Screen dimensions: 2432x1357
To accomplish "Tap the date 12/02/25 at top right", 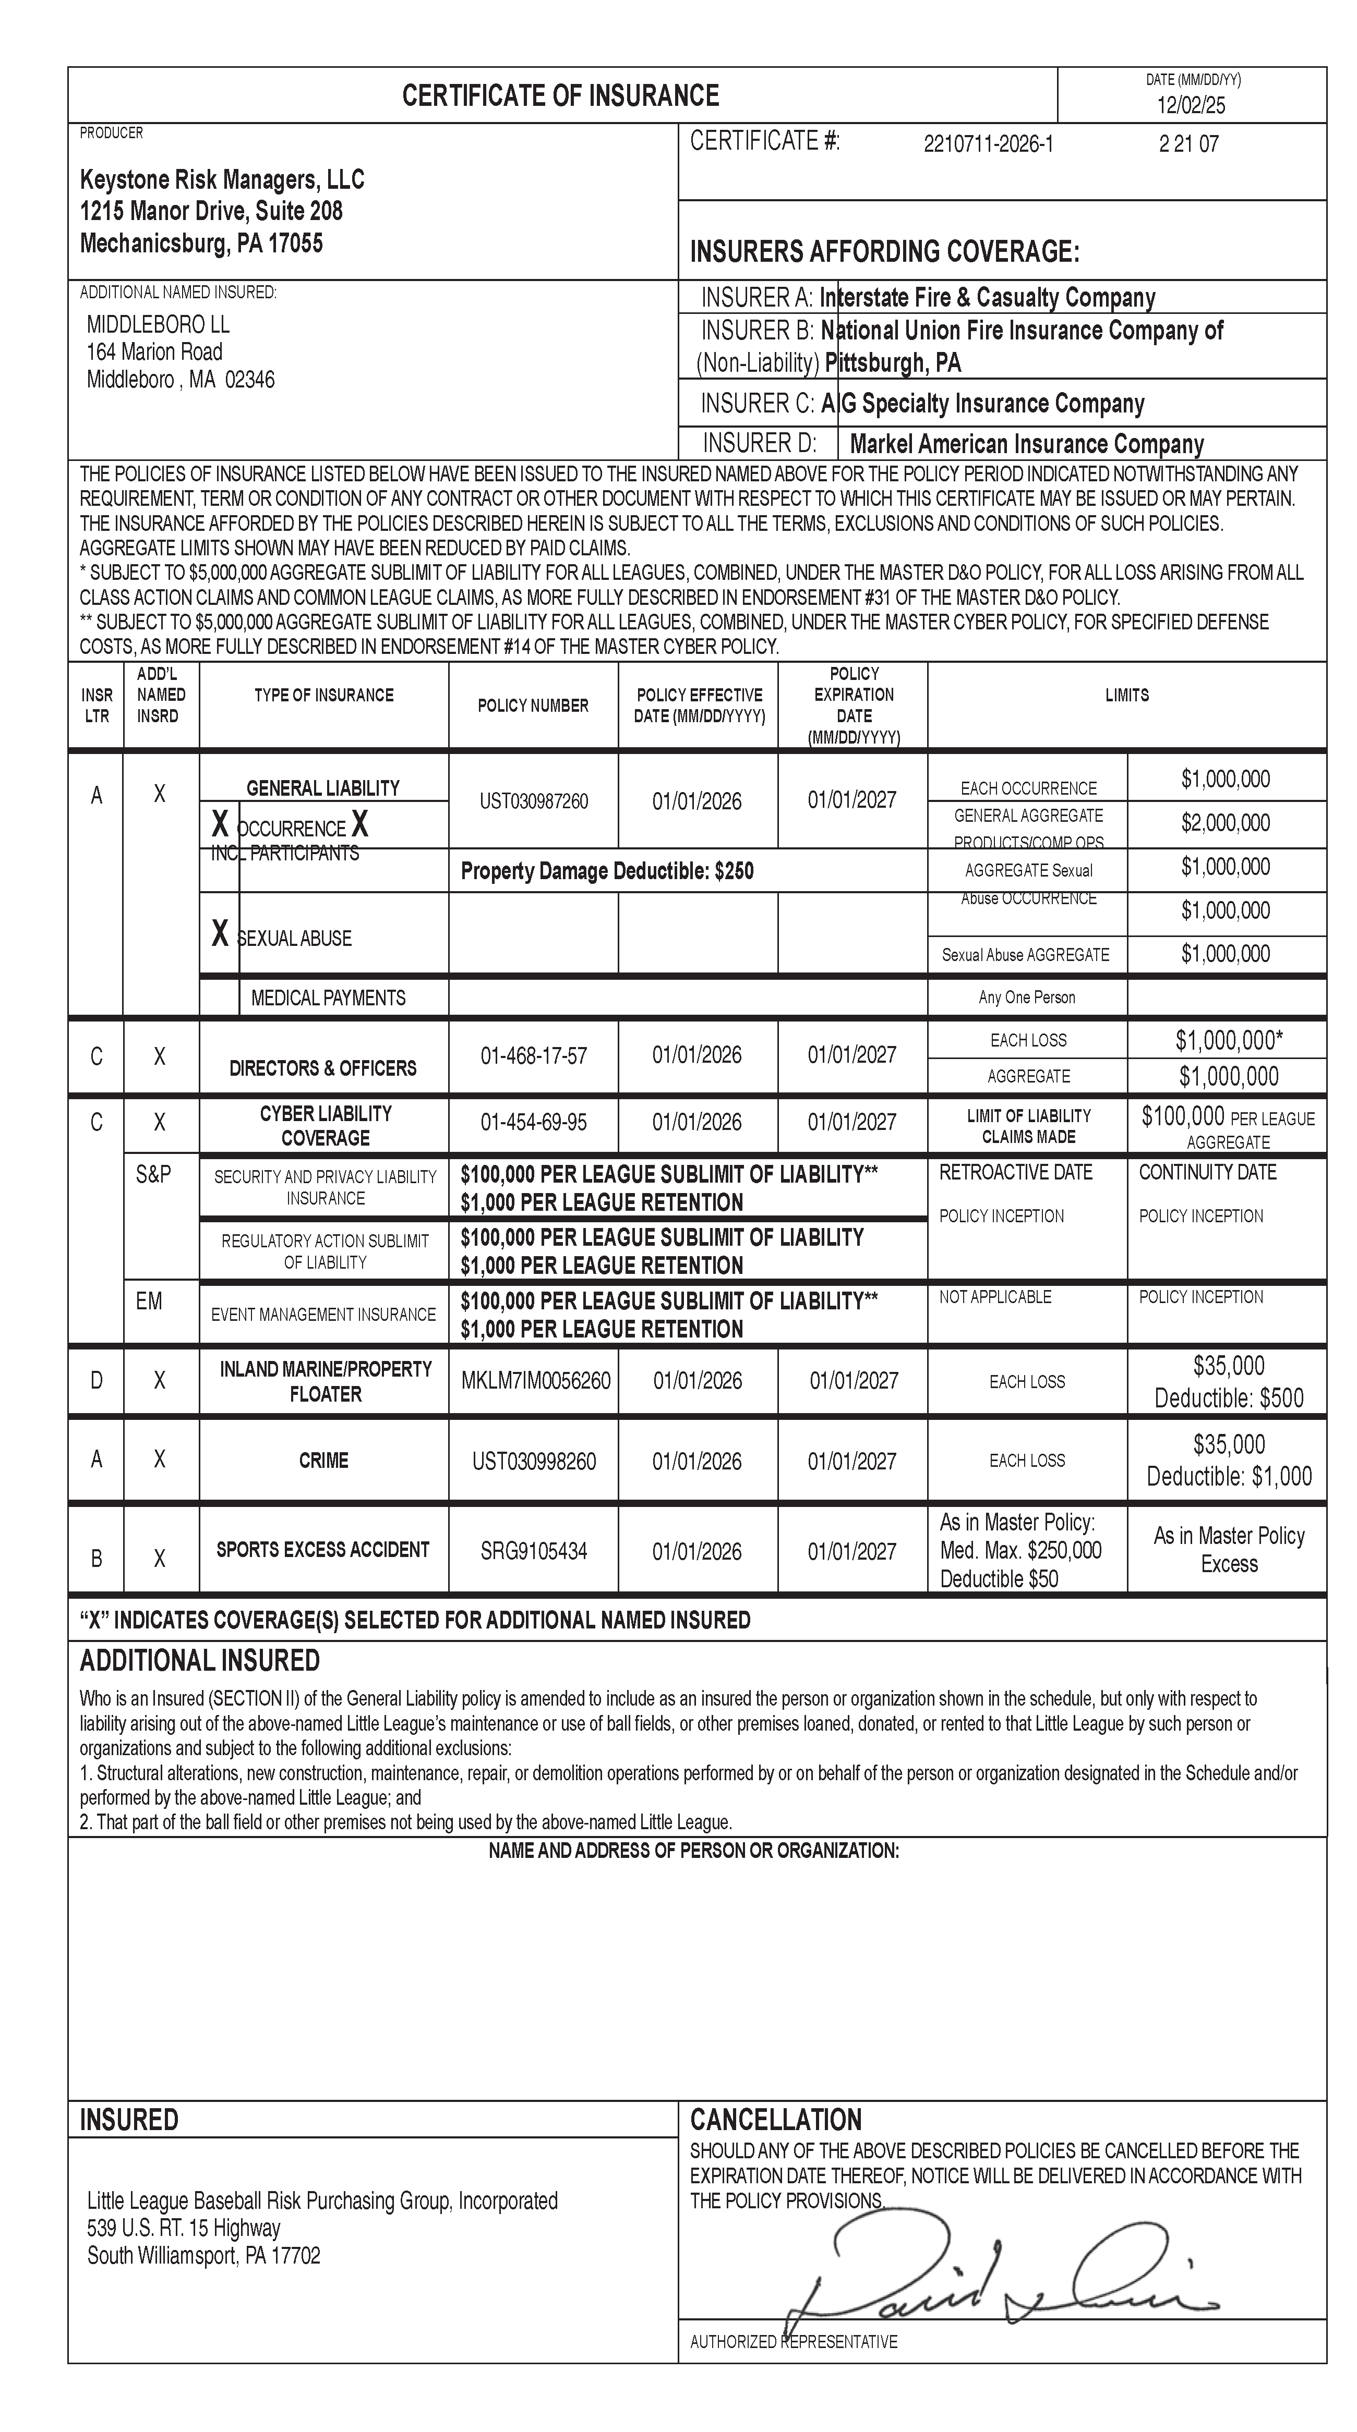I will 1191,105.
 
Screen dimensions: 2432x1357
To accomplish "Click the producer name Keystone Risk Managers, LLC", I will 222,179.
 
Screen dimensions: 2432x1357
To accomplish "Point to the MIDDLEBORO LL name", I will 158,325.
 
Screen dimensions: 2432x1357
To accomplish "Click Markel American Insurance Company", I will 1026,444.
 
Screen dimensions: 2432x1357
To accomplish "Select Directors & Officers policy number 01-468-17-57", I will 534,1055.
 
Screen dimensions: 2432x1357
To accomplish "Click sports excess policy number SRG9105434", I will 534,1551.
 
